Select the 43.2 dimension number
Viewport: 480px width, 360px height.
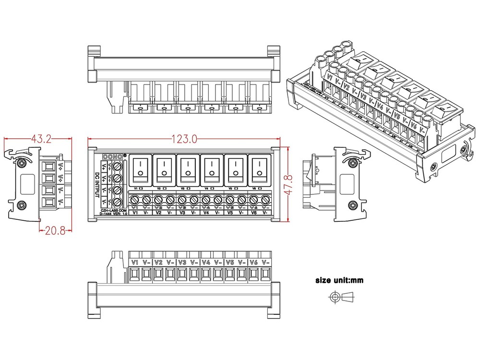pyautogui.click(x=41, y=139)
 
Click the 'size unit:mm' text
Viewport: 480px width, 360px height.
pyautogui.click(x=339, y=280)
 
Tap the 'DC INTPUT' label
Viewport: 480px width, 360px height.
pyautogui.click(x=97, y=185)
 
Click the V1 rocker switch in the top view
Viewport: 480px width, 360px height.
pyautogui.click(x=141, y=169)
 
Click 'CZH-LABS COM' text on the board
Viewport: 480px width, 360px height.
pyautogui.click(x=113, y=209)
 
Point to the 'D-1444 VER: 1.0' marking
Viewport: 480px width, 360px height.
pyautogui.click(x=113, y=214)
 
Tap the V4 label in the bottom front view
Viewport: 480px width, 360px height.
pyautogui.click(x=206, y=263)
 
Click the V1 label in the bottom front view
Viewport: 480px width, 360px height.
pyautogui.click(x=135, y=263)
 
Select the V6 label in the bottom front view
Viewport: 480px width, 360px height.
pyautogui.click(x=254, y=263)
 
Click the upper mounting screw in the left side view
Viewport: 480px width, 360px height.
pyautogui.click(x=23, y=163)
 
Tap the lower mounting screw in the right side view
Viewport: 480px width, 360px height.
pyautogui.click(x=353, y=205)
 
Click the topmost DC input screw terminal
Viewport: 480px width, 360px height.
pyautogui.click(x=118, y=167)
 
